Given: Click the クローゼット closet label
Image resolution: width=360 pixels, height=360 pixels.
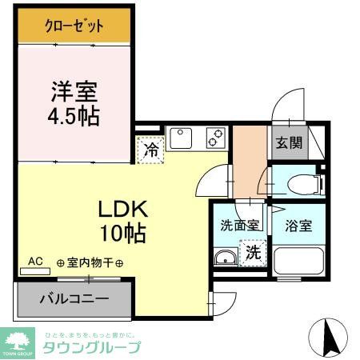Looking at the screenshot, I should [74, 26].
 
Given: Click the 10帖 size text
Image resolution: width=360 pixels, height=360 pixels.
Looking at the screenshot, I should [122, 234].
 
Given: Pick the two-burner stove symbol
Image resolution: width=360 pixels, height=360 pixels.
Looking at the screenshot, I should [216, 138].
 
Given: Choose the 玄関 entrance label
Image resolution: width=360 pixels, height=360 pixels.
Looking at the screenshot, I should [290, 143].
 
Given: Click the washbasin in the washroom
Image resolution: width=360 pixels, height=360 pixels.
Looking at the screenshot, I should [226, 258].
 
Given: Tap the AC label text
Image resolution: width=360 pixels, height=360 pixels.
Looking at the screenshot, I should [35, 261].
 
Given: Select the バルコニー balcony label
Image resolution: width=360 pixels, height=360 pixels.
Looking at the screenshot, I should [74, 302].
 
